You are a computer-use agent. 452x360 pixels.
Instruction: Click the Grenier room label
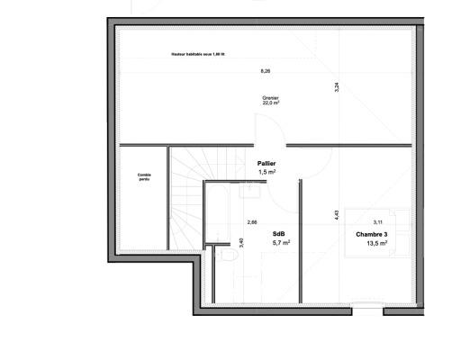[x=270, y=97]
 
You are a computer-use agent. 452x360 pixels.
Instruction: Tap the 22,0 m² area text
[x=270, y=103]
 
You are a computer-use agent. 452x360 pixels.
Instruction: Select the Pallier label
[x=266, y=163]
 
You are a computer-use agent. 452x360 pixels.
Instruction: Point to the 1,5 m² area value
[x=267, y=172]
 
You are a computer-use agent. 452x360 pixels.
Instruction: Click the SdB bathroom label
[x=279, y=232]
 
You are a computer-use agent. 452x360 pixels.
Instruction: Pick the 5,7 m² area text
[x=281, y=242]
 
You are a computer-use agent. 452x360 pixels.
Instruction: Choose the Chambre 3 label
[x=372, y=233]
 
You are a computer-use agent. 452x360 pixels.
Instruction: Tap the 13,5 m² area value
[x=376, y=242]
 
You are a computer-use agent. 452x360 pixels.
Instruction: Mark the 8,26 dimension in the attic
[x=265, y=70]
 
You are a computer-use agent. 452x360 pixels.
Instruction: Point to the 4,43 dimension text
[x=335, y=214]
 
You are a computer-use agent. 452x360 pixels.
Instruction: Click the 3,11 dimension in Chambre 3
[x=378, y=220]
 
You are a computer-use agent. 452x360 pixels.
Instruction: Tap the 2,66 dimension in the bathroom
[x=252, y=221]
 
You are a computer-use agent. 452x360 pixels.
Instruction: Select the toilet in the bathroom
[x=228, y=258]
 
